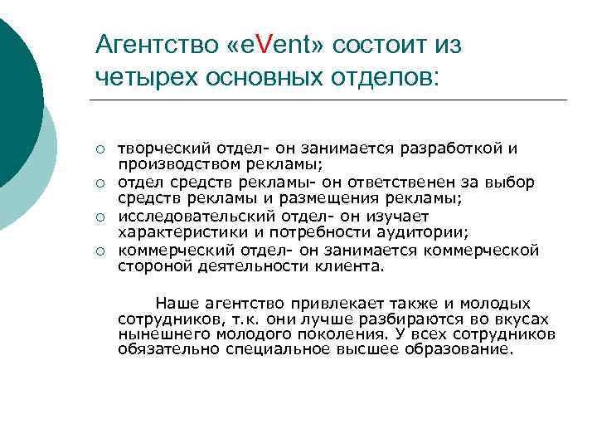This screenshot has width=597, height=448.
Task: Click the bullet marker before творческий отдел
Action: click(99, 150)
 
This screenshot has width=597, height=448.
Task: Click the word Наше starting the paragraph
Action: click(175, 304)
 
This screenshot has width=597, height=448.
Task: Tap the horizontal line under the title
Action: click(328, 100)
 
